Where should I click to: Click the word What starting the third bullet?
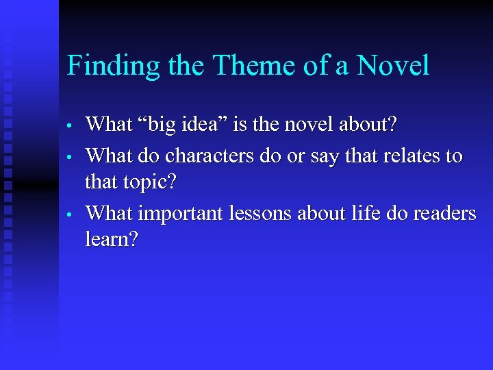(109, 214)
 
